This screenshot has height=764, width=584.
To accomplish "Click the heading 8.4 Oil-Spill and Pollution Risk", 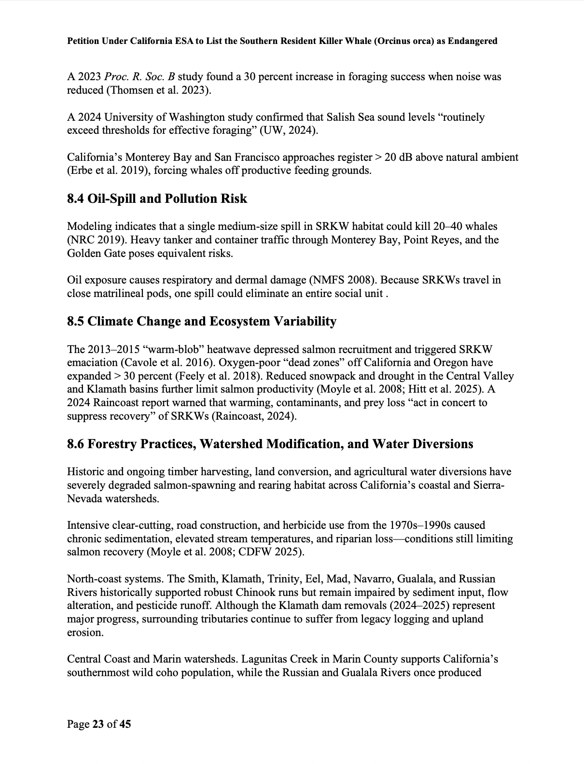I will [157, 199].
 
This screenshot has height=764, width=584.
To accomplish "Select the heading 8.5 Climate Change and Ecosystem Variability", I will [201, 322].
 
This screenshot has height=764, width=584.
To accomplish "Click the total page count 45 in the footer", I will [125, 724].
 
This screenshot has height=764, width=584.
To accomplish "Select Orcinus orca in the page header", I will [403, 41].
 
